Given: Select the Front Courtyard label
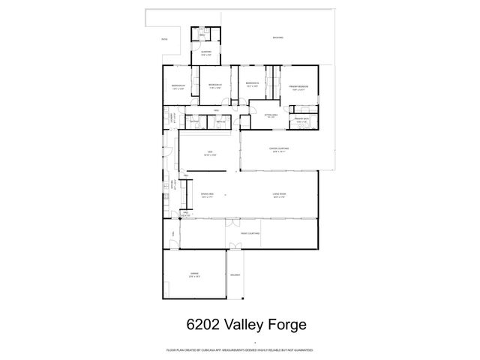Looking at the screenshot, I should (250, 234).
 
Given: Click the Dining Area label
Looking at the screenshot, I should (207, 195).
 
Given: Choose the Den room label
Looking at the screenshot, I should (211, 154).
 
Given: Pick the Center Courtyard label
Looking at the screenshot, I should (280, 149).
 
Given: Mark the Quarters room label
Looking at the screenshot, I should (206, 53).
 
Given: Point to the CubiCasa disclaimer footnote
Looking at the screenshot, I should (240, 350).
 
